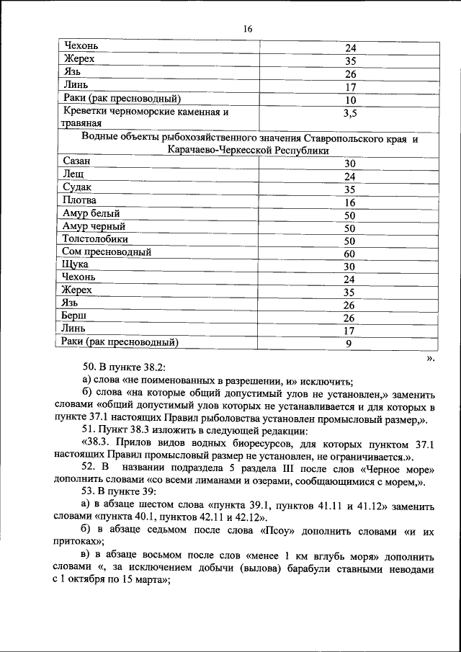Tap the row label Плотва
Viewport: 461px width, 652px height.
tap(80, 200)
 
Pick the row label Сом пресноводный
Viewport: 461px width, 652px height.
tap(107, 252)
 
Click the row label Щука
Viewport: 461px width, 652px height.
tap(76, 265)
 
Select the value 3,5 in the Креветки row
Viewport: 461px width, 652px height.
tap(351, 113)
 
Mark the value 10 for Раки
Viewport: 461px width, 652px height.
tap(351, 100)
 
